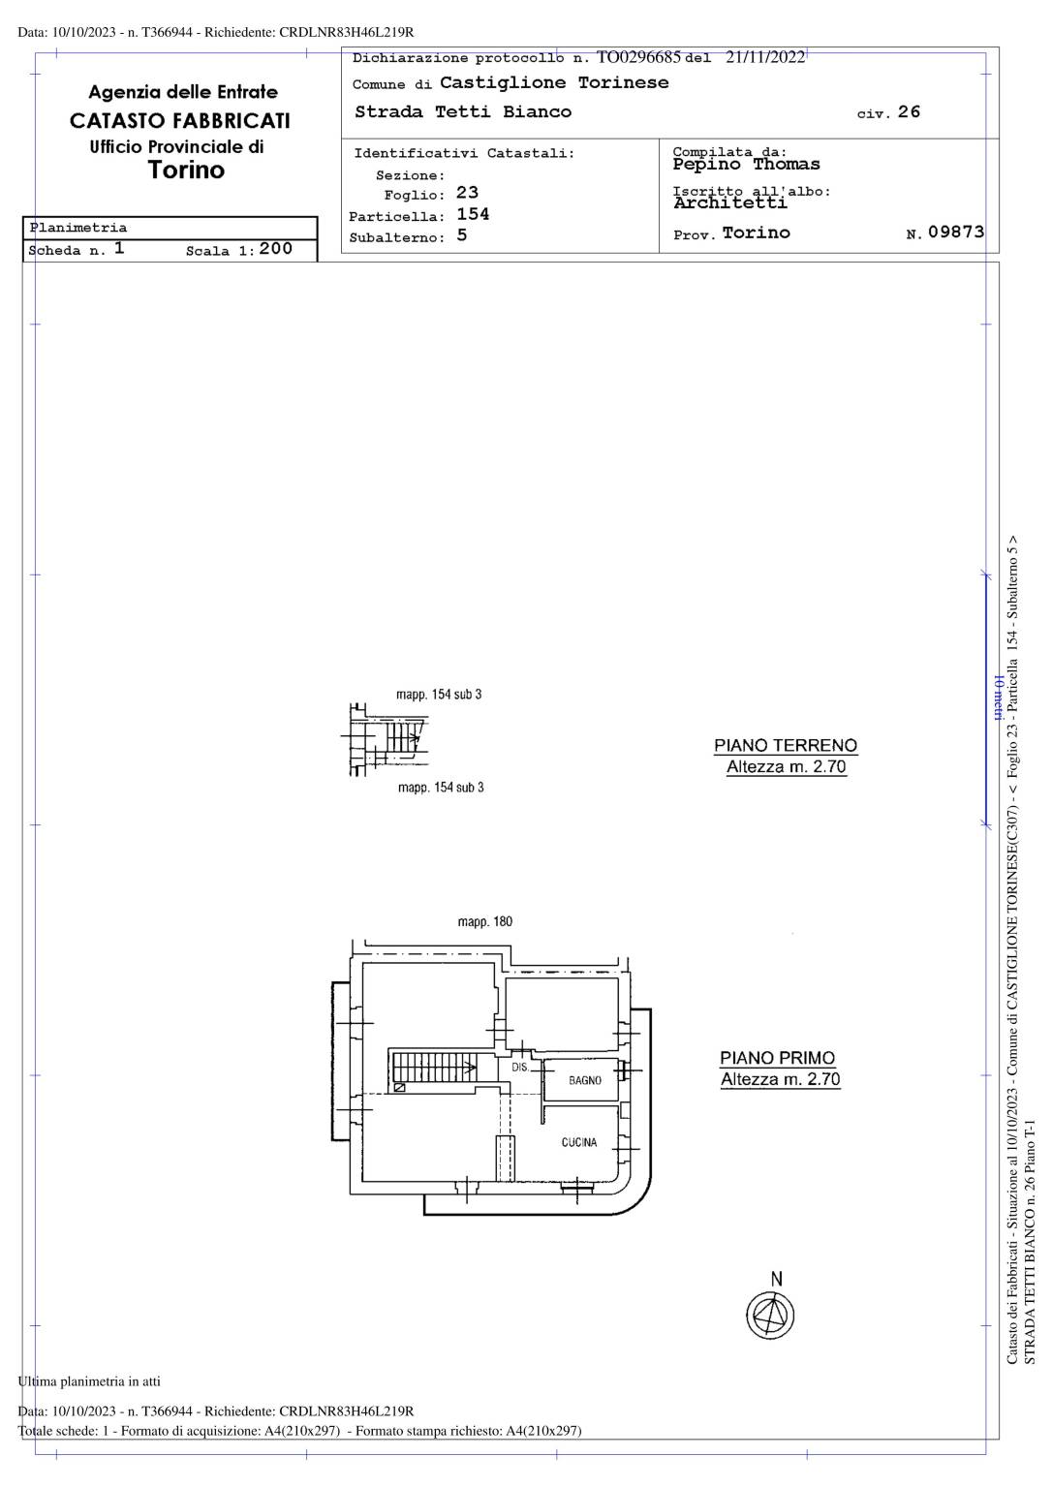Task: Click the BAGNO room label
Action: click(584, 1081)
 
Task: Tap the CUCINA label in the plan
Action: click(579, 1142)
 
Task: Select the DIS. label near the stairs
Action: click(520, 1067)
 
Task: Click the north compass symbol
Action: click(770, 1315)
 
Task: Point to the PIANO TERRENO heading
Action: click(786, 745)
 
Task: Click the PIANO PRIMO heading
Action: click(778, 1058)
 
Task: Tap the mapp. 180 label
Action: click(484, 922)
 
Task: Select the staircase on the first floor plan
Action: click(433, 1069)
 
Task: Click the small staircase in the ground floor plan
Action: click(403, 737)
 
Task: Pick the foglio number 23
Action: click(467, 193)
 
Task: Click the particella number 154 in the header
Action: click(473, 214)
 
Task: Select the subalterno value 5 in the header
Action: click(461, 235)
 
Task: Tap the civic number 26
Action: click(909, 111)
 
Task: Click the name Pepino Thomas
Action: click(747, 164)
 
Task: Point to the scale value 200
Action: click(276, 248)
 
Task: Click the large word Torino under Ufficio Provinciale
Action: click(187, 170)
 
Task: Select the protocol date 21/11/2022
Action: click(765, 57)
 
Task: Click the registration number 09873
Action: click(956, 232)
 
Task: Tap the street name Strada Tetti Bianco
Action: click(463, 111)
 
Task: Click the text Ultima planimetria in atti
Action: click(89, 1381)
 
